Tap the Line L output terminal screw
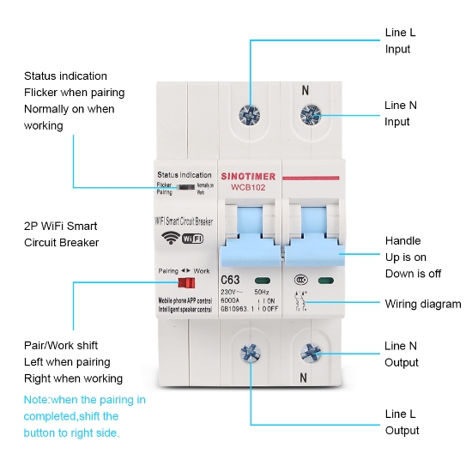[251, 352]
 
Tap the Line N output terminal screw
[309, 352]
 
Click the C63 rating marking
[231, 280]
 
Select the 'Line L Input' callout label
[399, 40]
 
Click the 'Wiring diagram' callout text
[422, 304]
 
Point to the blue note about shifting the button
[84, 416]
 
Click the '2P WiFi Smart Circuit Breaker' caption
[60, 234]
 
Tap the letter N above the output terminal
[303, 377]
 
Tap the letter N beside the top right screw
[305, 90]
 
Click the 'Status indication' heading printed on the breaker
[185, 174]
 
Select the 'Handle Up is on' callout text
[405, 257]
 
